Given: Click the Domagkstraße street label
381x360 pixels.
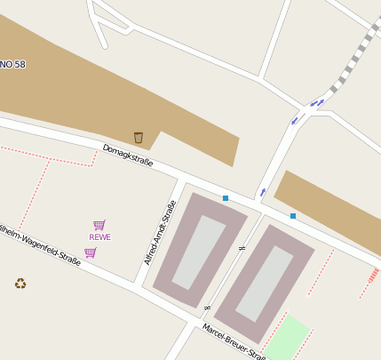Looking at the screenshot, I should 128,156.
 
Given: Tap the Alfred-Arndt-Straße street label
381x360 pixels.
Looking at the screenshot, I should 161,232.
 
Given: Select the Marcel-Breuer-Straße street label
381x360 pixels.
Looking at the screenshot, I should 234,342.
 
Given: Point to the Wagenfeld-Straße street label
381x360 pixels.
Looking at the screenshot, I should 40,243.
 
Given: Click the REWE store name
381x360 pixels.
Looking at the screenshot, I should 99,237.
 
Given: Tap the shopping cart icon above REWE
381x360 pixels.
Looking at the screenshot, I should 99,225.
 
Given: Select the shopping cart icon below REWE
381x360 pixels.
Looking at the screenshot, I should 90,252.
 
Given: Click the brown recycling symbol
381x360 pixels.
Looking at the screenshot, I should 20,284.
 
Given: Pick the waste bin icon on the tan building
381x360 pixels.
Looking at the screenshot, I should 139,137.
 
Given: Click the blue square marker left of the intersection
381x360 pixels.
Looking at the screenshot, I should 226,198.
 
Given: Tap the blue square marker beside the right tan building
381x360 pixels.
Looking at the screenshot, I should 293,216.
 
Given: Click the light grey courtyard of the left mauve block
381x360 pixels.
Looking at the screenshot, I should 199,252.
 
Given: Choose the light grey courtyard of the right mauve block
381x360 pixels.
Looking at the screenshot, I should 265,284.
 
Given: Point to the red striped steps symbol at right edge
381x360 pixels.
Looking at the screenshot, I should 373,276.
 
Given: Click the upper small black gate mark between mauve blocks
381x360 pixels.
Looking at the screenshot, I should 242,248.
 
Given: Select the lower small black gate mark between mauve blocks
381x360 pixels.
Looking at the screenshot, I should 208,308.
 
